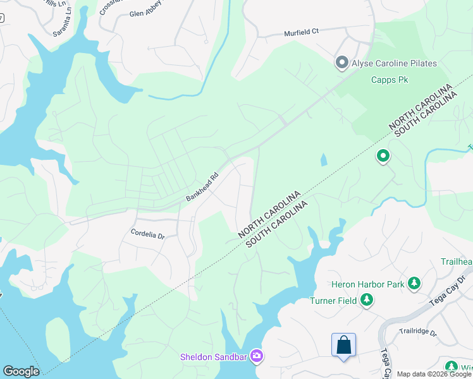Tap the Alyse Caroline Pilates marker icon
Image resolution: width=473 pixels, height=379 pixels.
(x=342, y=63)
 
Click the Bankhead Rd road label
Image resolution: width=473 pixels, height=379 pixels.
(x=202, y=187)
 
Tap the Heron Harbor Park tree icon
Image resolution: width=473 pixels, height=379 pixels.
(x=414, y=284)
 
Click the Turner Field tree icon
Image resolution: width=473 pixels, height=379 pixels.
(x=366, y=301)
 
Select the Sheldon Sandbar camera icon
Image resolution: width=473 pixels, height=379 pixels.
(x=257, y=356)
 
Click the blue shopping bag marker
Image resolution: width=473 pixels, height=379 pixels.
(x=343, y=345)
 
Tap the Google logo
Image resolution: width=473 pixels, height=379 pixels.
(x=20, y=371)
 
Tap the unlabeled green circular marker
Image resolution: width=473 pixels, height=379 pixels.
(x=383, y=155)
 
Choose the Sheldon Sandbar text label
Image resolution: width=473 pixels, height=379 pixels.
(x=214, y=357)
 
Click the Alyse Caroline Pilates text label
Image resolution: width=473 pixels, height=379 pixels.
(x=395, y=63)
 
